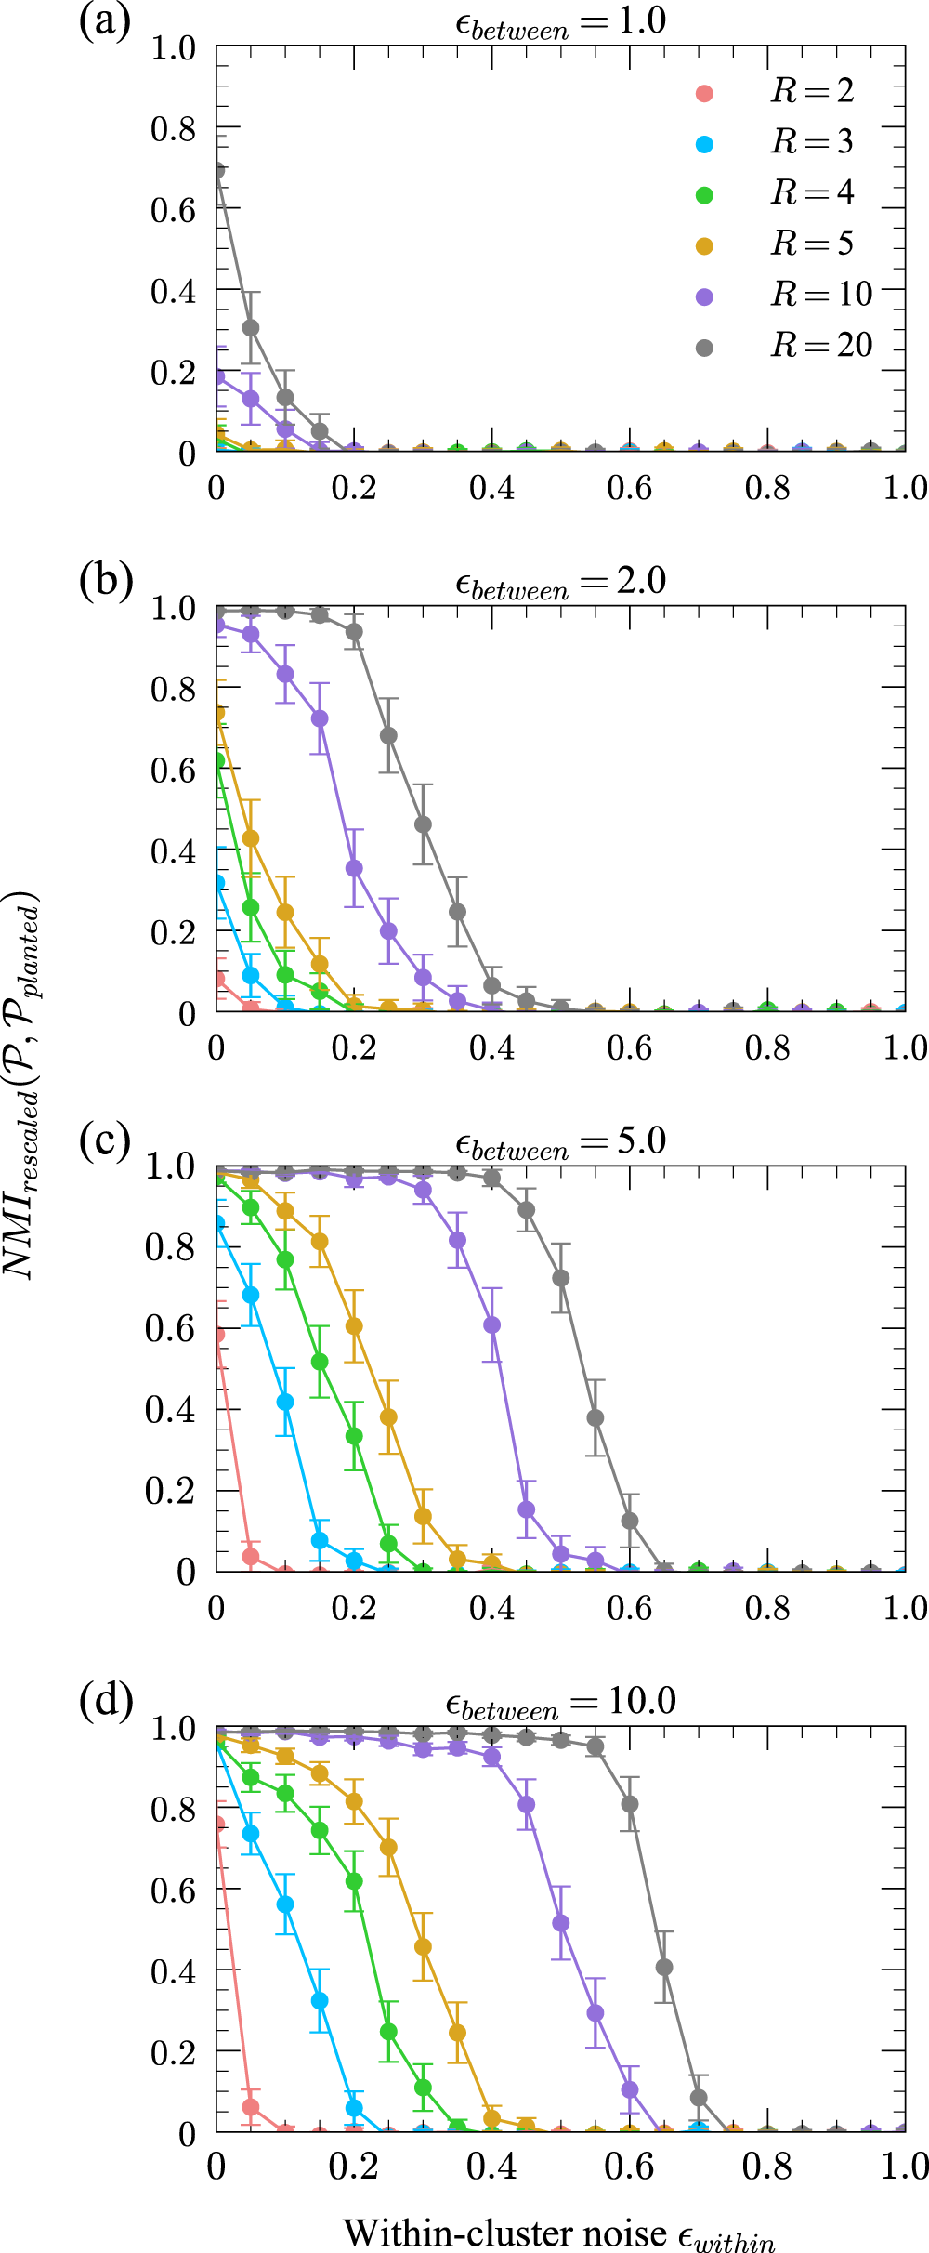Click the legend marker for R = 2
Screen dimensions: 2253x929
[704, 93]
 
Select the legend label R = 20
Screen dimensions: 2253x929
[821, 346]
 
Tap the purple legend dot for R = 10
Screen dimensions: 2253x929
[704, 296]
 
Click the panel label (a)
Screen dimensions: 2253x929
[105, 20]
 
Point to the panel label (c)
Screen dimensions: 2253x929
[105, 1140]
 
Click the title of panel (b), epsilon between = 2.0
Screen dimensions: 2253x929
[560, 582]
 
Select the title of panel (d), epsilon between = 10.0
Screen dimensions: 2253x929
[560, 1702]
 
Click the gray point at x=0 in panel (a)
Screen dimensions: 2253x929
[217, 171]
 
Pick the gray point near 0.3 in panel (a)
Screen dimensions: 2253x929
[251, 328]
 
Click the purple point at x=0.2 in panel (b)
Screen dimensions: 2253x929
[354, 868]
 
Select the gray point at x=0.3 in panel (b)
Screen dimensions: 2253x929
[423, 824]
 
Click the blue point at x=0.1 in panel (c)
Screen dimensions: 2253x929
[285, 1402]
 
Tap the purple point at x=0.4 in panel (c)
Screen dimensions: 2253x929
[491, 1324]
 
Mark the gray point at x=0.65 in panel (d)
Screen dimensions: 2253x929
[664, 1967]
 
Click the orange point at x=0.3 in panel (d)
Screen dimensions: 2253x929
[423, 1946]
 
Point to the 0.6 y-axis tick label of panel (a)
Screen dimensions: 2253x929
[174, 210]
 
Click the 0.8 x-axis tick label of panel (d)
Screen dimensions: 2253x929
[767, 2167]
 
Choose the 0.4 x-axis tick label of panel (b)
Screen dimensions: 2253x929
[491, 1048]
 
